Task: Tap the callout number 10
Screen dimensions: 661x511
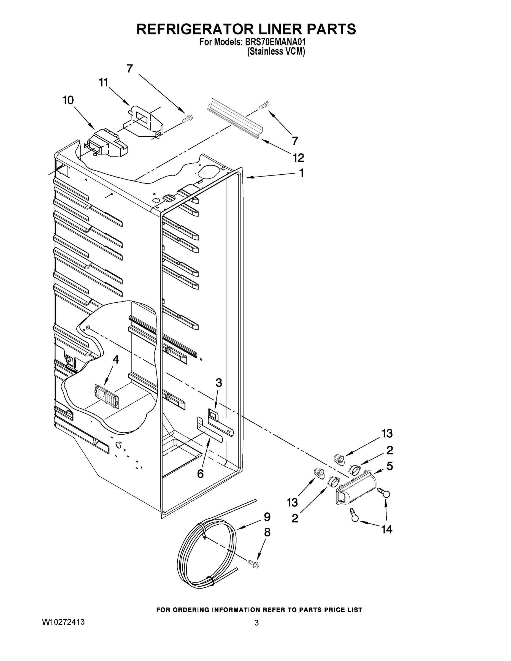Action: [68, 100]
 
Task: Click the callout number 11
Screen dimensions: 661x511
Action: [104, 82]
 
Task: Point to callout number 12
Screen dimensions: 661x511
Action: [298, 158]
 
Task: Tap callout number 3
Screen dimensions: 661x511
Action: [218, 383]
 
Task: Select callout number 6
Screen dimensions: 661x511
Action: [200, 474]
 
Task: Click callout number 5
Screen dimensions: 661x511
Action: [390, 466]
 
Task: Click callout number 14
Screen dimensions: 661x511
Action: [387, 529]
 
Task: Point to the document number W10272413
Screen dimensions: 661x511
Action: [63, 622]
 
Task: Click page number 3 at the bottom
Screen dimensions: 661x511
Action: [256, 623]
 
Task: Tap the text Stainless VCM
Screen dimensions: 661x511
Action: [276, 52]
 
